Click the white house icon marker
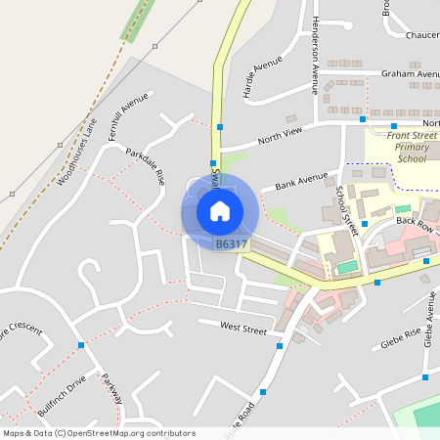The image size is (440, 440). [219, 210]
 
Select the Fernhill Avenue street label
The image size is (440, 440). [128, 116]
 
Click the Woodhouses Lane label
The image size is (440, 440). [77, 152]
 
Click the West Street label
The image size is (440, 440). [243, 328]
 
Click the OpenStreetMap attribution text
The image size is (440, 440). [99, 433]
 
